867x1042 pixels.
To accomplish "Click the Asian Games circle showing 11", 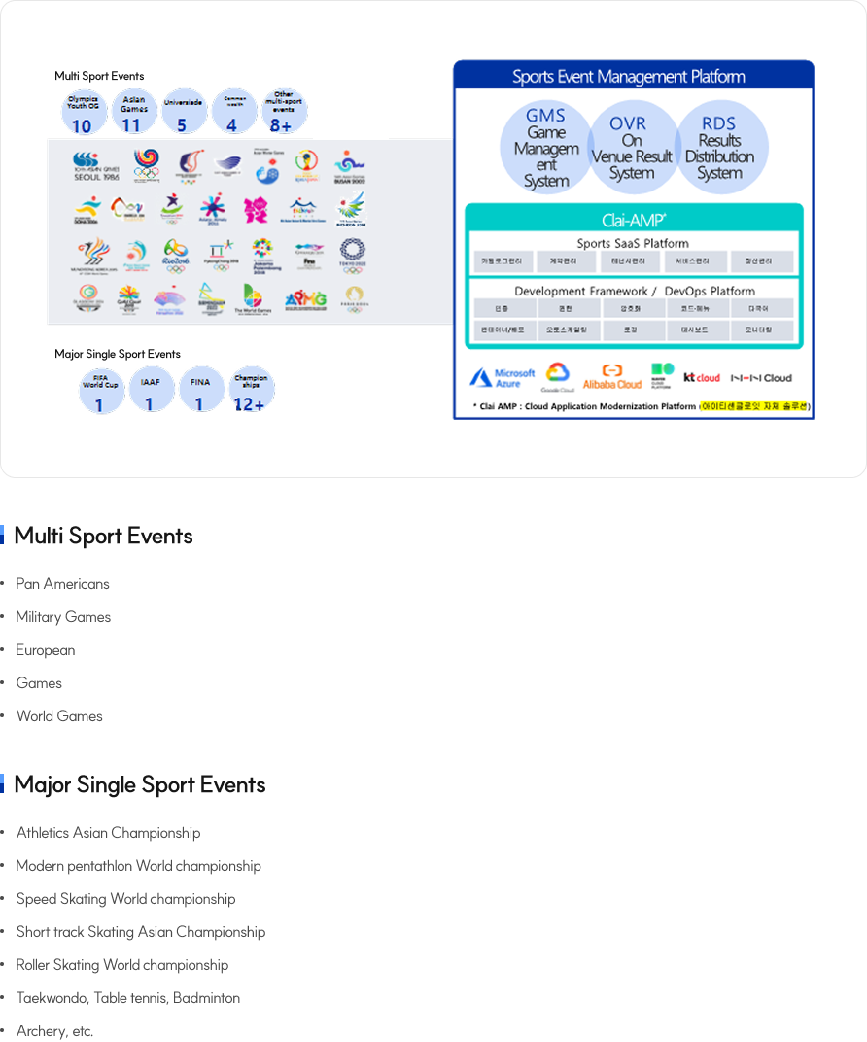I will click(134, 112).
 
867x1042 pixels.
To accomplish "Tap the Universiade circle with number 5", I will click(182, 112).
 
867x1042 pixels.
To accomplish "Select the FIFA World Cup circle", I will click(100, 391).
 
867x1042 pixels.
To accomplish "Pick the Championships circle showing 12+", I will click(251, 391).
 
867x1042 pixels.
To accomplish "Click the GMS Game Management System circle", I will click(545, 148).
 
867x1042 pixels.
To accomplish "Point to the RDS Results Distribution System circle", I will click(719, 148).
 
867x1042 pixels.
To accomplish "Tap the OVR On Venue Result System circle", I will click(632, 148).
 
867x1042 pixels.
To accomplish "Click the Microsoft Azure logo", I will click(503, 378).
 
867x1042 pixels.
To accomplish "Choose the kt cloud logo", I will click(702, 377).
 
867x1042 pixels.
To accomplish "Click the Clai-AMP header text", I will click(633, 220).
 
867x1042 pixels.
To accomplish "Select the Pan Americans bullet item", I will click(62, 584).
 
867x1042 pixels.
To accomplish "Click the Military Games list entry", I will click(63, 617).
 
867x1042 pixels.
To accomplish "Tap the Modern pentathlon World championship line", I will click(138, 866).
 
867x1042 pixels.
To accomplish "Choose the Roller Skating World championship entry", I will click(121, 965).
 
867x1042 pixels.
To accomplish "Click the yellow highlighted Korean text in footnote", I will click(755, 406).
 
